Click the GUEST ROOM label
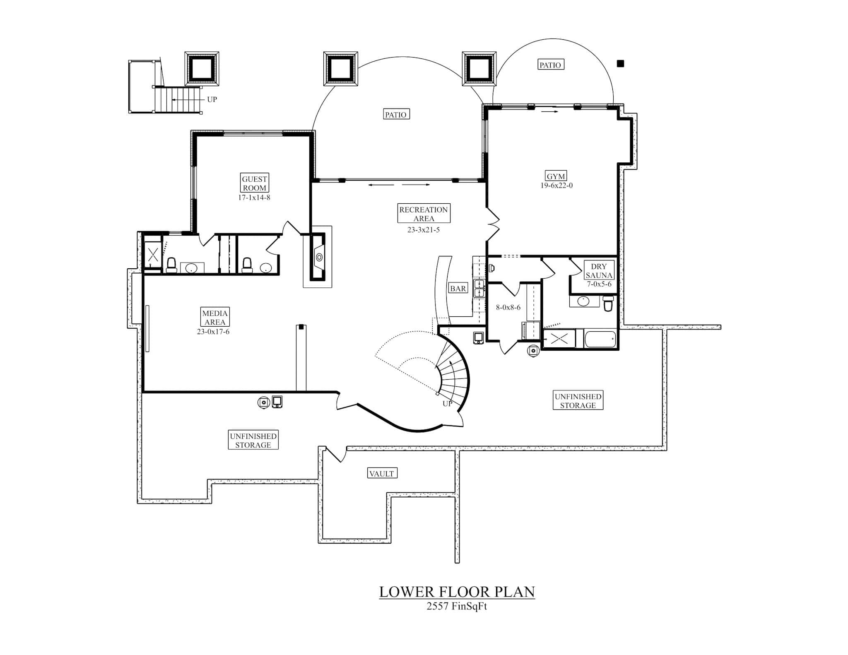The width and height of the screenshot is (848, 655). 254,183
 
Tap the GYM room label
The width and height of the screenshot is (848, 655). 556,176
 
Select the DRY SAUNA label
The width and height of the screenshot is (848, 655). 599,271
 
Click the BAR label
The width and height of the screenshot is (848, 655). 458,289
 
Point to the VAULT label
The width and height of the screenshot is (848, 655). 382,473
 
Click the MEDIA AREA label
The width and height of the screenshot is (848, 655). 215,318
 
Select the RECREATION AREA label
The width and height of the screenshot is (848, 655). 423,214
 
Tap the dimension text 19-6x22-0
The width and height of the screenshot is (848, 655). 556,185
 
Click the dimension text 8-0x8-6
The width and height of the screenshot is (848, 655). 508,308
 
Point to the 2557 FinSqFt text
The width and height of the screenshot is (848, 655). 457,607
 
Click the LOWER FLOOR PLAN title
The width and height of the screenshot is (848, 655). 457,592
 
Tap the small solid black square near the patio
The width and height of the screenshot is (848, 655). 620,63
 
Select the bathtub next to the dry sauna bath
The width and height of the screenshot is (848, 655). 601,339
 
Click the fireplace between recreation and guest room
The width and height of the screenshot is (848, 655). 318,257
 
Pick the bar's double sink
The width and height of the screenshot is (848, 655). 479,288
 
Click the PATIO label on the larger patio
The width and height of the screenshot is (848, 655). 396,114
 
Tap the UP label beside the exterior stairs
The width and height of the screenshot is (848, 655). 212,99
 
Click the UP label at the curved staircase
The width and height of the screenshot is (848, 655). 447,403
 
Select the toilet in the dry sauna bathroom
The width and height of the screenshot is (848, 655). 608,303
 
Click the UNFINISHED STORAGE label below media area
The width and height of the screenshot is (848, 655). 253,441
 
